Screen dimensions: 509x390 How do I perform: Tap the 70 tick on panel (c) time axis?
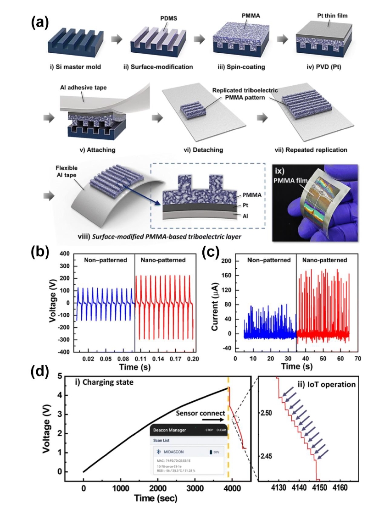357,360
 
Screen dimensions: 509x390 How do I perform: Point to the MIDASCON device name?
171,452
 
